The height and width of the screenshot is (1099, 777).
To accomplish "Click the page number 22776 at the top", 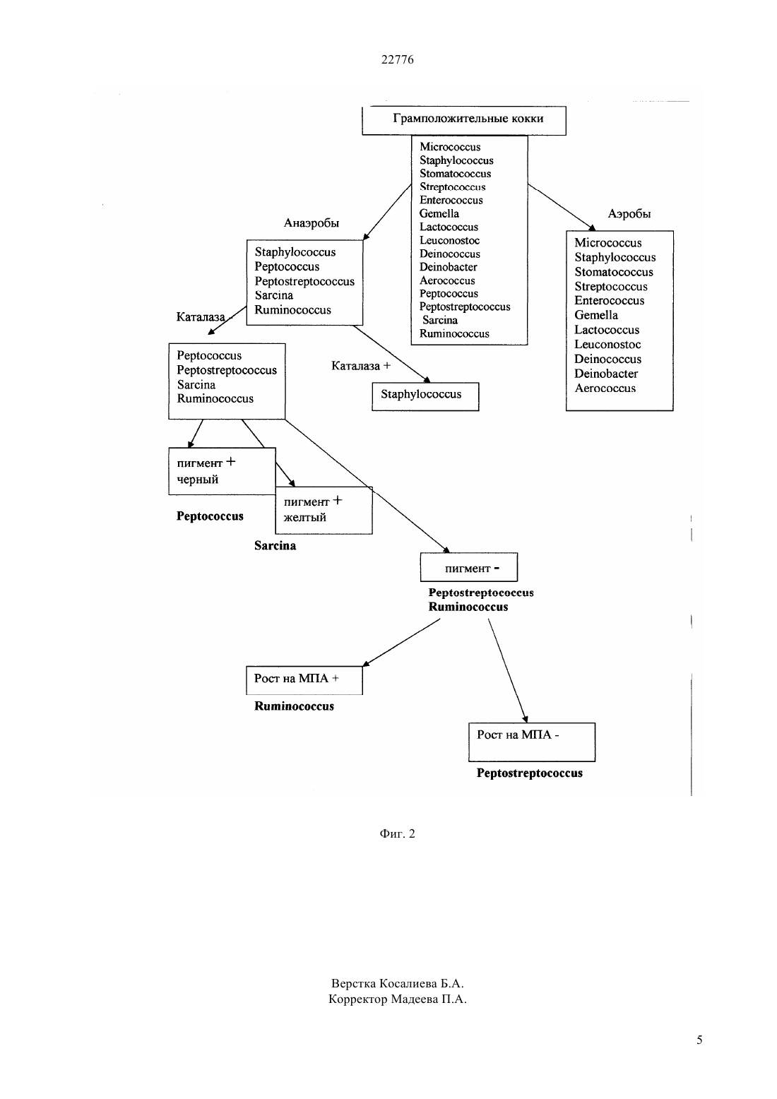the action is pos(397,59).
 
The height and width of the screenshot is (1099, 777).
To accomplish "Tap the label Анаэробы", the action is pos(312,223).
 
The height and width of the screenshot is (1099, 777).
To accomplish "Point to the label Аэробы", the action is pos(629,213).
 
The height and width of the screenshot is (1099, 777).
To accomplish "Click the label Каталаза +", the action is pos(361,366).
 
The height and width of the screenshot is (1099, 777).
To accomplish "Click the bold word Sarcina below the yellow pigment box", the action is pos(275,545).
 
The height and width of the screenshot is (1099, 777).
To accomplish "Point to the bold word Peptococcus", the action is pos(210,516).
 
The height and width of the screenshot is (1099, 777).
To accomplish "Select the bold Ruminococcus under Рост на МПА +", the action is pos(294,706).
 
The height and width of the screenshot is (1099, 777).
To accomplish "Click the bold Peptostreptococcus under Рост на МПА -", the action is pos(530,773).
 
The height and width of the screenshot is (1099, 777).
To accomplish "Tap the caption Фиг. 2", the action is pos(397,833).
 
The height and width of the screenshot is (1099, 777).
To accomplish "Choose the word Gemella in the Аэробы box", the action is pos(596,315).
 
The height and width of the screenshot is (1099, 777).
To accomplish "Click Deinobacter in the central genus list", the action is pos(448,267).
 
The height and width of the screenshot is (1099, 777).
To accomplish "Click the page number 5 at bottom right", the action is pos(699,1040).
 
